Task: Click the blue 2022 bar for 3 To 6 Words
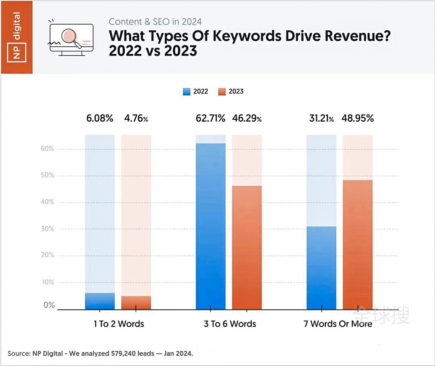(211, 226)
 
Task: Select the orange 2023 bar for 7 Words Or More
(358, 245)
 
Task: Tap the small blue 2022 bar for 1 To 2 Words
(100, 301)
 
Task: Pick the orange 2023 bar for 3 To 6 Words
(247, 248)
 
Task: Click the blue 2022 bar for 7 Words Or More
(321, 268)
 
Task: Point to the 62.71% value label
(210, 118)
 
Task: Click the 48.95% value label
(358, 118)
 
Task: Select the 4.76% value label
(136, 118)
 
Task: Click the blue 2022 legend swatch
(186, 91)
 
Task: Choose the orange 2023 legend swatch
(222, 91)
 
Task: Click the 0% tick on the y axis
(49, 306)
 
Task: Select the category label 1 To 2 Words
(119, 324)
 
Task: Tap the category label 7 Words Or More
(338, 324)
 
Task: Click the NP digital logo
(17, 37)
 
